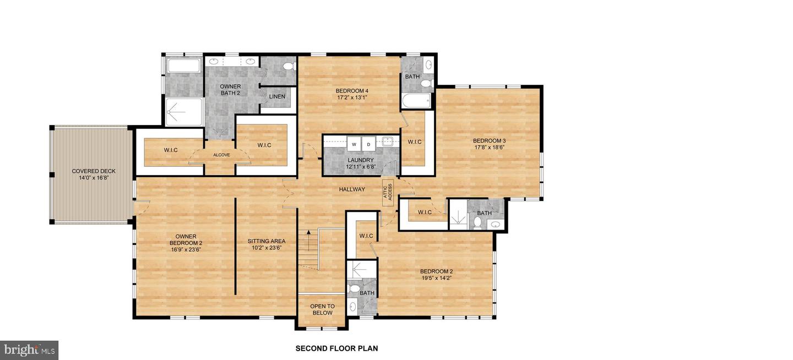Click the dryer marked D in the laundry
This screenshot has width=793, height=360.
(x=369, y=144)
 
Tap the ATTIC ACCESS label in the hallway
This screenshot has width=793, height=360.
(x=387, y=191)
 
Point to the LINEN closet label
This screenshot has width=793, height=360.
(x=277, y=97)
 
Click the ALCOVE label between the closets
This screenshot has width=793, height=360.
(x=221, y=155)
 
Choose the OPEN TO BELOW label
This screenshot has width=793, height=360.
(x=322, y=309)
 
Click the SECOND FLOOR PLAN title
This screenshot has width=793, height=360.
(x=336, y=348)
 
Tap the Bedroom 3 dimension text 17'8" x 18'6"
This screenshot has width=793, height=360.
(x=490, y=148)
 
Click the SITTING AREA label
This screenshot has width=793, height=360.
(x=266, y=241)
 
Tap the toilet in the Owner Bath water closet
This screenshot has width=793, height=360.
(x=287, y=67)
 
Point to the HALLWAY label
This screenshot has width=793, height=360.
(x=352, y=189)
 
